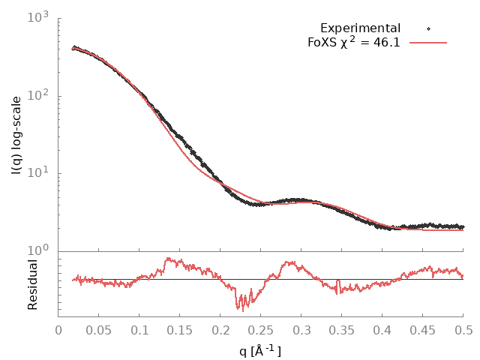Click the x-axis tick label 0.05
pos(99,331)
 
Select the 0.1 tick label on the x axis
pos(139,331)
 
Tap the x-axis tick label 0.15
pos(180,331)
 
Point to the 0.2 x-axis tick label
pos(220,331)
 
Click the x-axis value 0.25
pos(261,331)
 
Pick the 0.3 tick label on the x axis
pos(301,331)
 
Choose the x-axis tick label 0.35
pos(342,331)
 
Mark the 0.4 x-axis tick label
pos(382,331)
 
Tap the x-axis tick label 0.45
pos(423,331)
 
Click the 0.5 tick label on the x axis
pos(463,331)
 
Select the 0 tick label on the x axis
pos(58,331)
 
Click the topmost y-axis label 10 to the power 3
pos(38,17)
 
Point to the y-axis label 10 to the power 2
pos(38,95)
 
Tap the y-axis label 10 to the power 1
pos(38,173)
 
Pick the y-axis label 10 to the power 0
pos(38,250)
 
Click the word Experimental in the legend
pos(360,28)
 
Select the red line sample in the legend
pos(427,43)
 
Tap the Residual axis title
pos(33,285)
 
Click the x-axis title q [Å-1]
pos(260,350)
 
